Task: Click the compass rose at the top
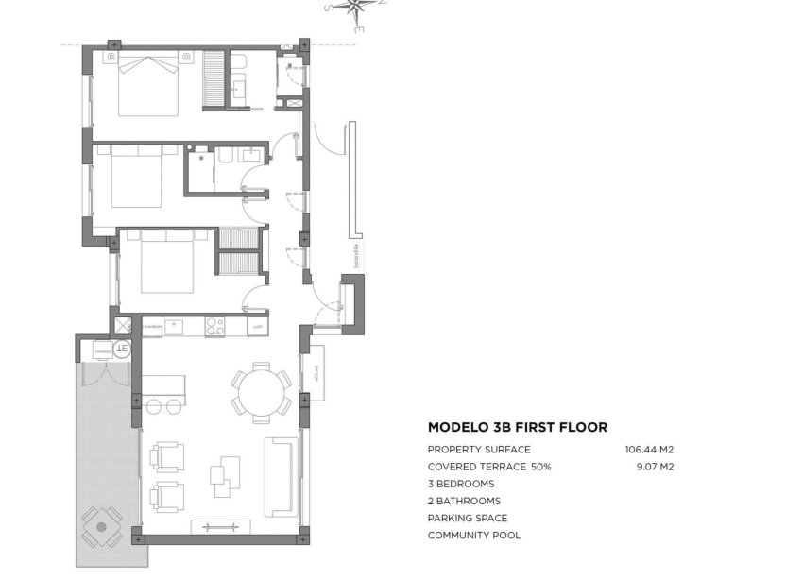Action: pos(357,13)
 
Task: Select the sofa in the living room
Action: pos(281,476)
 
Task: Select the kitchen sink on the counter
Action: pos(174,327)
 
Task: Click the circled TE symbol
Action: pos(122,350)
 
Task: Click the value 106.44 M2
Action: pos(649,450)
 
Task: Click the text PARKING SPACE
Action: pos(467,518)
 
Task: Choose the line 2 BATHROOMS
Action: pos(464,501)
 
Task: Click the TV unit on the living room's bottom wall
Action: pos(220,527)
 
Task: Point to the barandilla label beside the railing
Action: pos(356,257)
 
